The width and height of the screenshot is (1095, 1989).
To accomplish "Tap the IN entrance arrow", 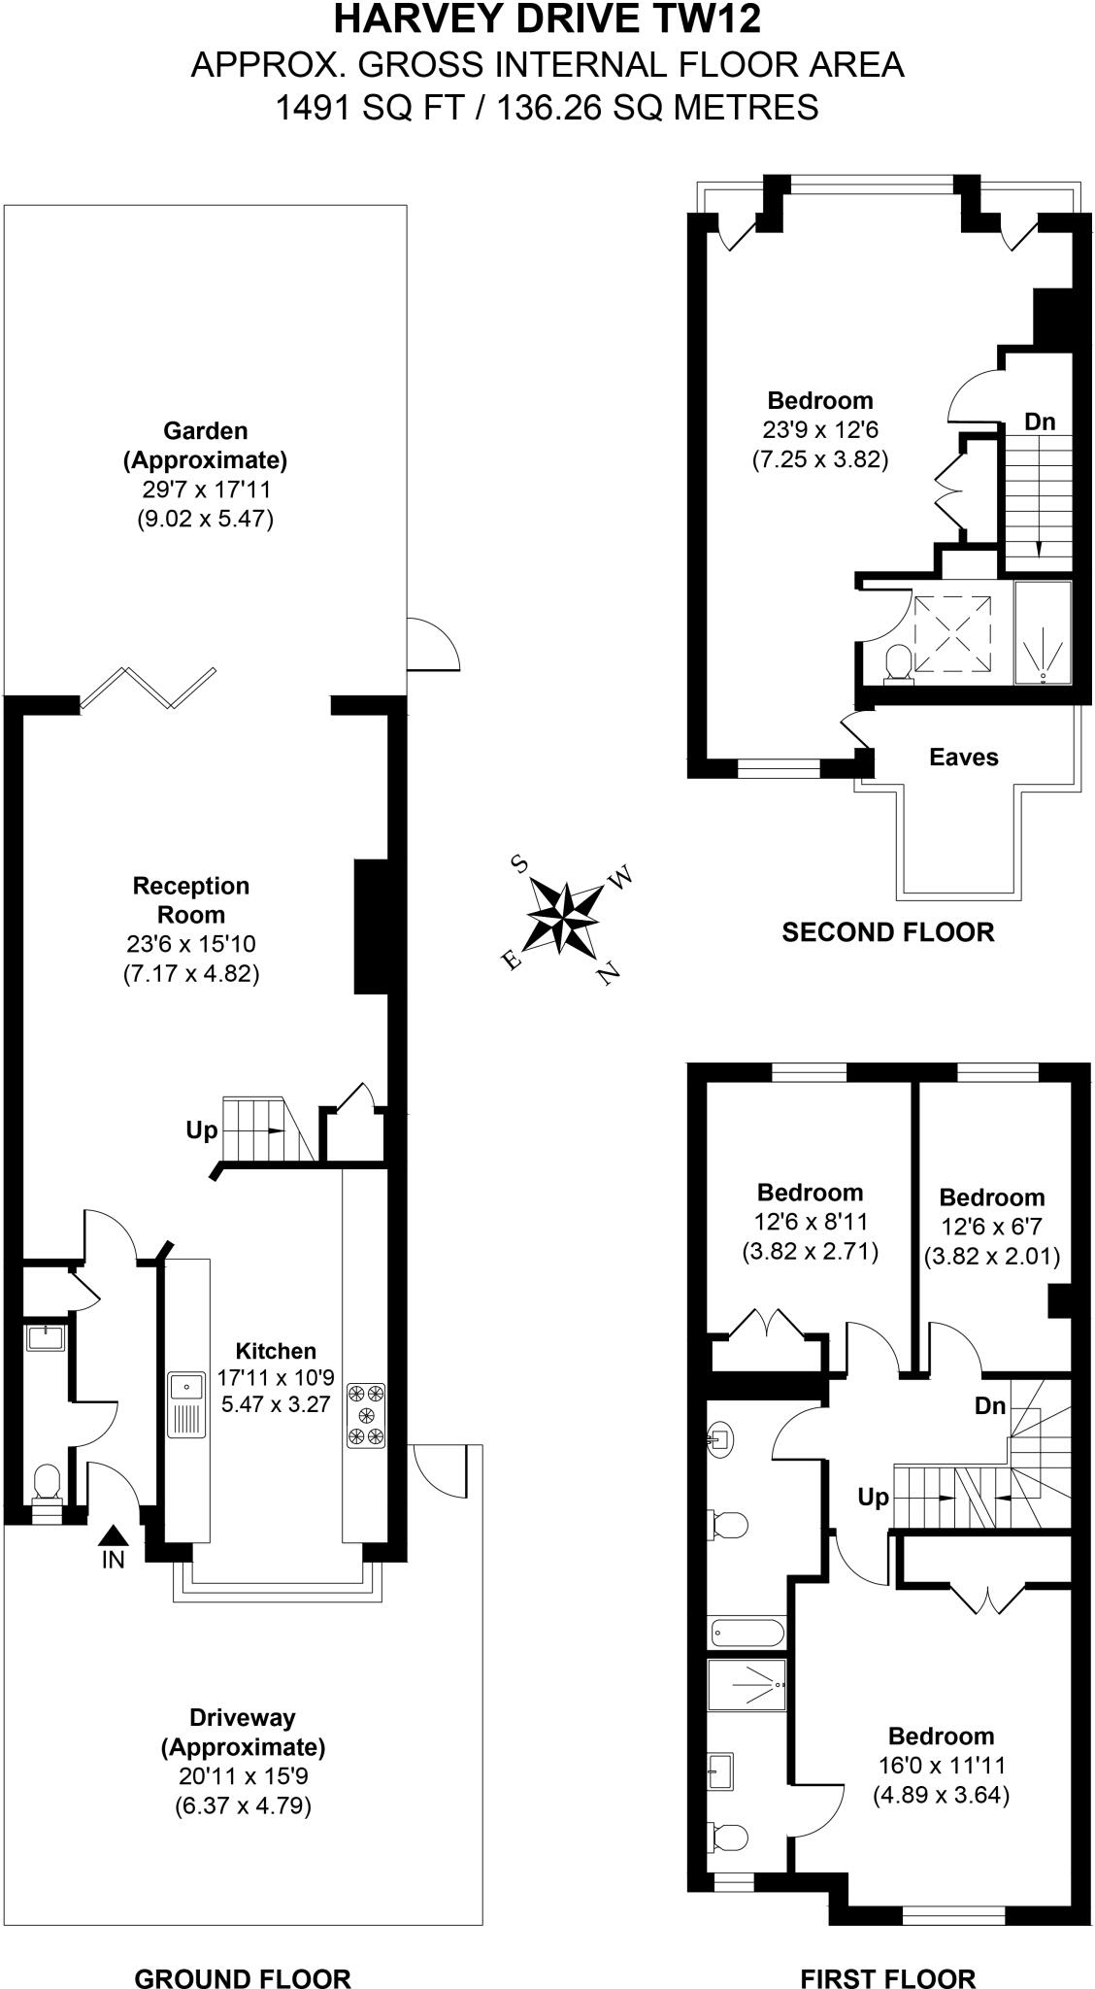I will click(114, 1537).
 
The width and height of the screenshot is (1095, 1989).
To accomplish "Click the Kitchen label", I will click(277, 1351).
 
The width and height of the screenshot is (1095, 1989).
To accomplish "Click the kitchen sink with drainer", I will click(186, 1404).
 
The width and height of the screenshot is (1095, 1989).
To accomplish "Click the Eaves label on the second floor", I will click(963, 758).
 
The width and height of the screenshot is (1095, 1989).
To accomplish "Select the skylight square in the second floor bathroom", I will click(953, 633).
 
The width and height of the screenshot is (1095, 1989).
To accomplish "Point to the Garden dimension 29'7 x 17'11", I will click(205, 489).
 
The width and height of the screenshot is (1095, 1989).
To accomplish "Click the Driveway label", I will click(242, 1717).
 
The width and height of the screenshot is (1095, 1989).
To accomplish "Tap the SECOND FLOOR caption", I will click(888, 932).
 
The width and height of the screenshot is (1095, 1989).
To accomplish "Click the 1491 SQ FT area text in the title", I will click(379, 106).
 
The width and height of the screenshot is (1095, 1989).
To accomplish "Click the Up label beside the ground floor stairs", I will click(202, 1130).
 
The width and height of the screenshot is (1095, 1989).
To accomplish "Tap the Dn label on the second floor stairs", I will click(1040, 422).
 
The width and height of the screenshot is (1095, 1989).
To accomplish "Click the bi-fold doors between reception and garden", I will click(148, 686).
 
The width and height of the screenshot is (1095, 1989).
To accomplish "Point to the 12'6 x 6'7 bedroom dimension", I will click(990, 1227).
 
